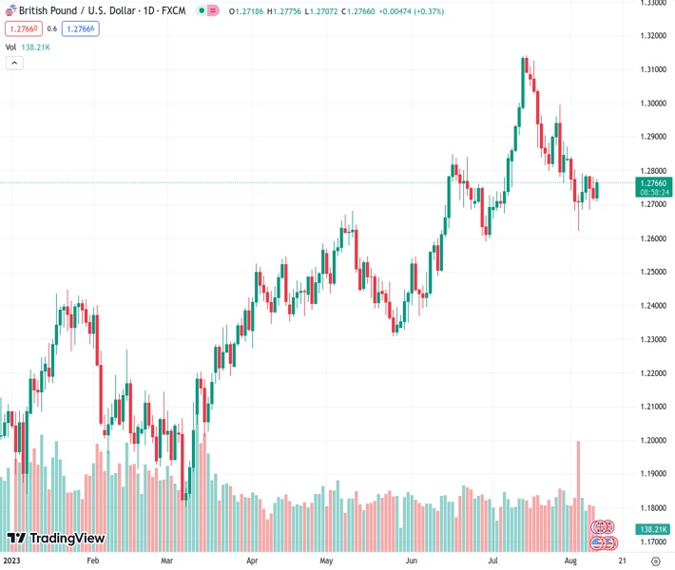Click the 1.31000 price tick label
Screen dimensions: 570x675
653,69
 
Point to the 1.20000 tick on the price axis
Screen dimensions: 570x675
653,440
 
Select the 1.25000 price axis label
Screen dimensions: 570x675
653,272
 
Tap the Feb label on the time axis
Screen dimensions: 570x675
92,560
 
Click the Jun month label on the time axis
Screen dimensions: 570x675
411,560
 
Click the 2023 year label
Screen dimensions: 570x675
12,560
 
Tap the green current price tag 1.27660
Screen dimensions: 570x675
656,182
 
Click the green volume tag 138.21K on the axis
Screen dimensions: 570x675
656,529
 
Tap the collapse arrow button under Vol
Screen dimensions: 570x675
14,63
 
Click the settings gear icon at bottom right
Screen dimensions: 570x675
655,560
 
